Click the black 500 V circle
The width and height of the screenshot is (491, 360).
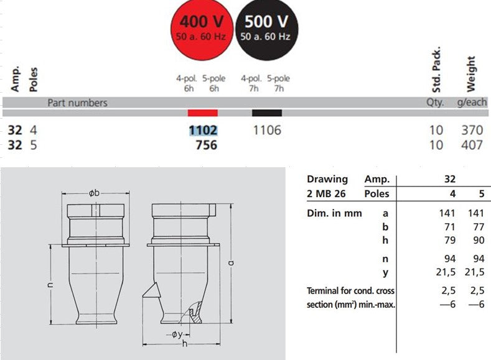click(x=266, y=27)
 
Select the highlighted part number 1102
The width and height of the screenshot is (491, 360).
click(x=203, y=131)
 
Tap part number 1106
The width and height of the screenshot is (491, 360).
click(x=267, y=131)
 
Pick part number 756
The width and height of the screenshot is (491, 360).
click(x=206, y=145)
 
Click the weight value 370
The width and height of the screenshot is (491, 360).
click(x=472, y=131)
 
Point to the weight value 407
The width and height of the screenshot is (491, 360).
click(x=472, y=145)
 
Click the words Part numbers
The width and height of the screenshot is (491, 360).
click(x=77, y=103)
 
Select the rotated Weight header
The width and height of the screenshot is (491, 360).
click(x=470, y=74)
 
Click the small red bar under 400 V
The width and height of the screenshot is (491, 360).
click(x=203, y=113)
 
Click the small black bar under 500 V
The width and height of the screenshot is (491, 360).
click(x=267, y=113)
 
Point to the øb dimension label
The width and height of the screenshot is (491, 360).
click(x=95, y=193)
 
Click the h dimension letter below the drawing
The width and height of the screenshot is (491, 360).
click(x=185, y=345)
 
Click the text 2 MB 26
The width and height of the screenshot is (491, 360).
click(x=327, y=194)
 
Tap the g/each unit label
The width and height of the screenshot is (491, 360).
click(x=472, y=103)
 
